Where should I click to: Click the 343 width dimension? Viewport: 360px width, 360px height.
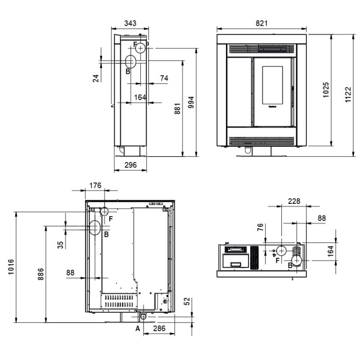[130, 23]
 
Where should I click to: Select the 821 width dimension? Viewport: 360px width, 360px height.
[261, 23]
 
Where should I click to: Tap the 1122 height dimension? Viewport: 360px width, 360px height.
[348, 94]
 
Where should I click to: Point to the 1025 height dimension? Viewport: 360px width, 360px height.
[326, 90]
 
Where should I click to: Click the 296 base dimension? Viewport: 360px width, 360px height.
[130, 165]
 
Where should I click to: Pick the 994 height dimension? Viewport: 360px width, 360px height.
[191, 103]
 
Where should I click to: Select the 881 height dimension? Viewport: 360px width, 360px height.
[177, 109]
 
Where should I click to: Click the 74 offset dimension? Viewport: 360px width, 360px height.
[164, 78]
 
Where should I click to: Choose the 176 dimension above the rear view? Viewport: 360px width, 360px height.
[95, 185]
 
